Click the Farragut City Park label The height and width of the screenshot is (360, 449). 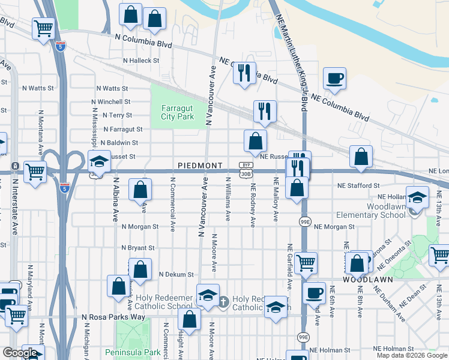178,112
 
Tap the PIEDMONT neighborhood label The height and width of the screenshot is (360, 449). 200,165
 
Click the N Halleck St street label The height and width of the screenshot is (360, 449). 140,61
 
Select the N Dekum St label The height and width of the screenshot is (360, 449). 176,274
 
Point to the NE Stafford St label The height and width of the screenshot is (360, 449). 358,186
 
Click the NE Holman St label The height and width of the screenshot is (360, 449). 395,349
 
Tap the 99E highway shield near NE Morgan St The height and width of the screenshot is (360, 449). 305,221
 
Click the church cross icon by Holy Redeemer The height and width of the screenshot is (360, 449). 223,301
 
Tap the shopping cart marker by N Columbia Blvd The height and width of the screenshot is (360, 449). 43,28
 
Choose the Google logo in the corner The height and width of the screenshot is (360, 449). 20,353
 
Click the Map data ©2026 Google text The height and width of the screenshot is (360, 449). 412,355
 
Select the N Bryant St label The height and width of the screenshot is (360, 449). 138,248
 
